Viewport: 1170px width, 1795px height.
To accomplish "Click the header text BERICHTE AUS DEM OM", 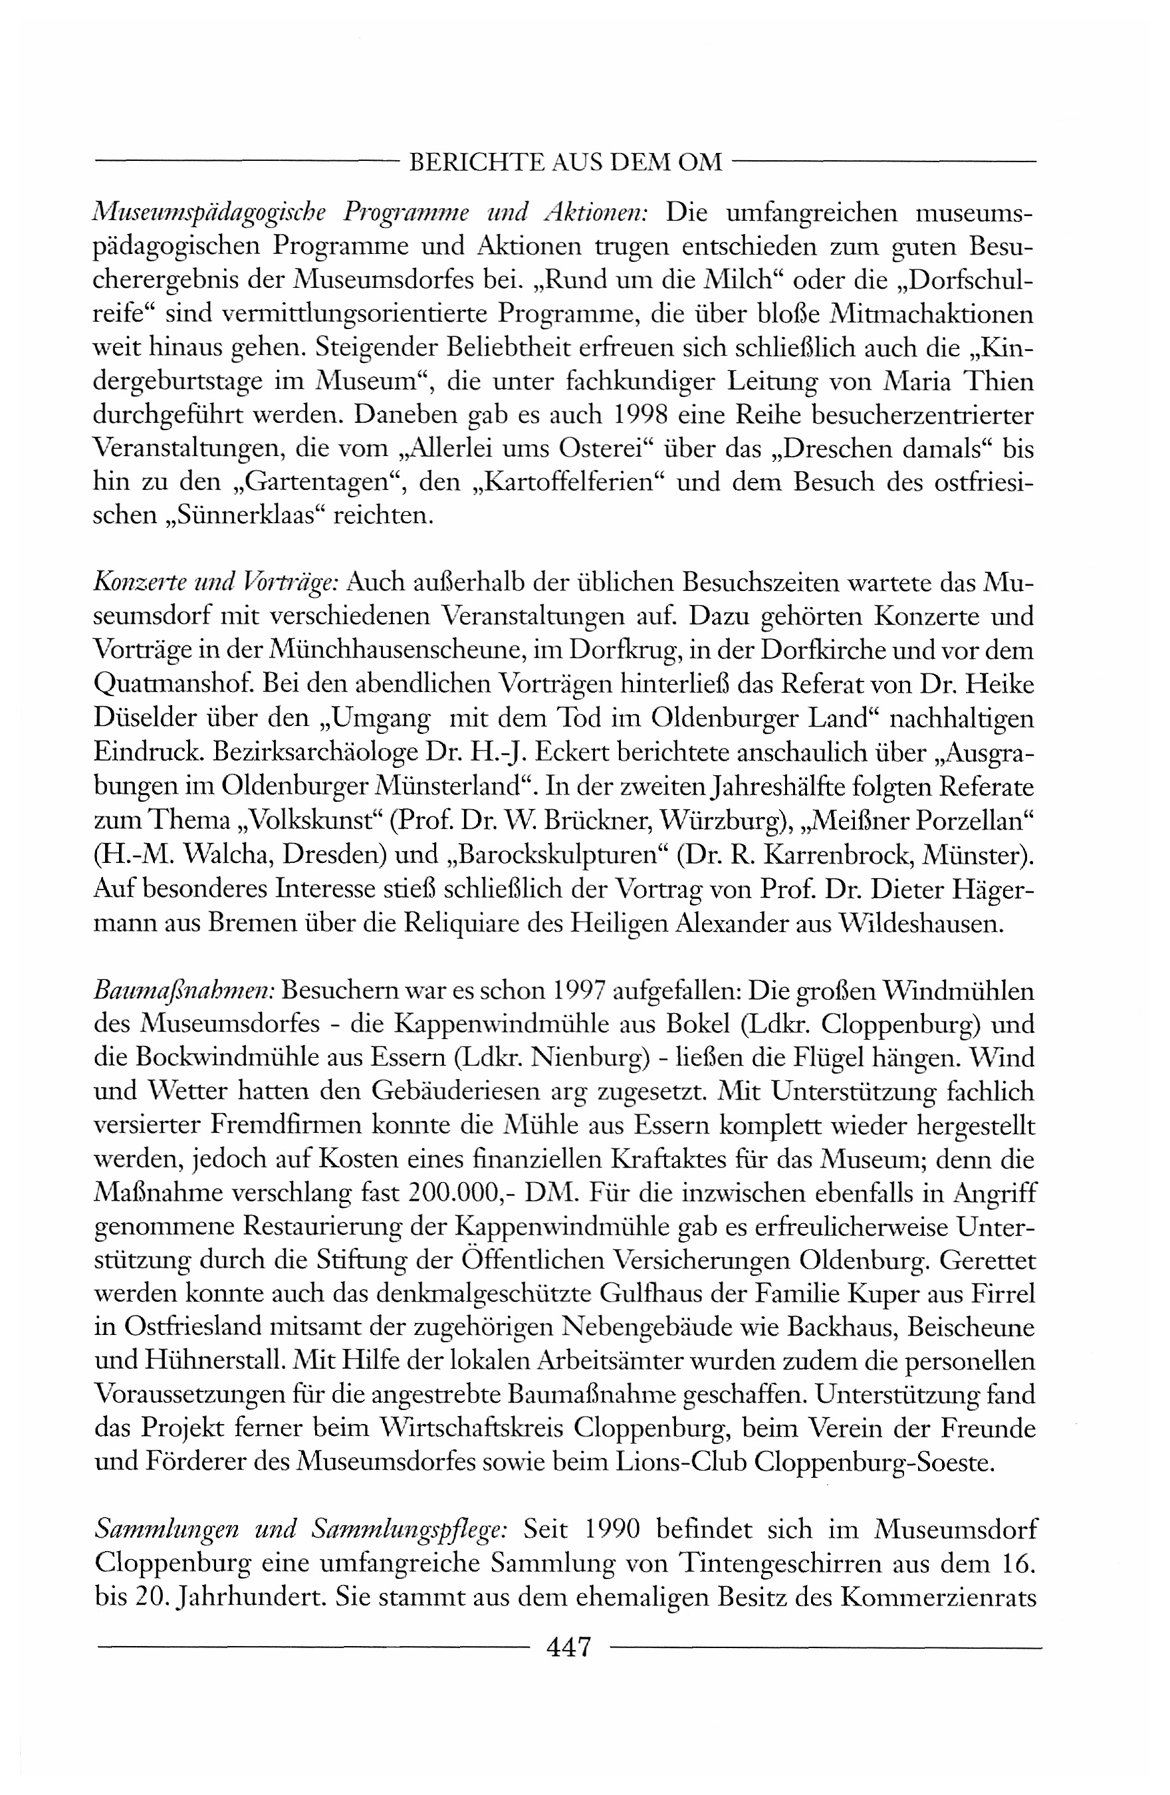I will click(x=566, y=162).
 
